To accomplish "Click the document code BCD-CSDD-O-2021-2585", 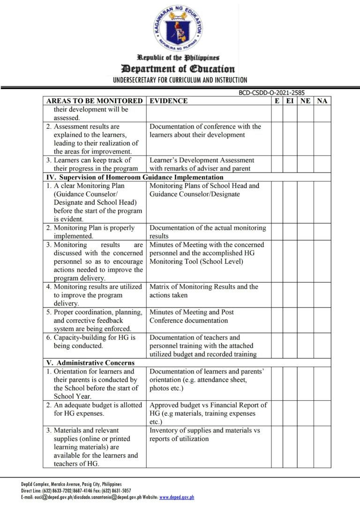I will tap(271, 93).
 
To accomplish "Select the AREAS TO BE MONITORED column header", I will tap(94, 101).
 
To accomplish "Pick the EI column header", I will tap(290, 101).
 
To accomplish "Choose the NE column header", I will tap(305, 101).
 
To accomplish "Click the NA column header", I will tap(322, 101).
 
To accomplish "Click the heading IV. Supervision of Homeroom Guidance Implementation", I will tap(135, 177).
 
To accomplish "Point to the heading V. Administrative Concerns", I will tap(90, 363).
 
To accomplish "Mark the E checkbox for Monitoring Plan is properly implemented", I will tap(277, 232).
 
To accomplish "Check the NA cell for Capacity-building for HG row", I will tap(322, 346).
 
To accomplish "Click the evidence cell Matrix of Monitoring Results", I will tap(204, 291).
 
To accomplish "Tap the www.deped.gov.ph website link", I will tap(177, 497).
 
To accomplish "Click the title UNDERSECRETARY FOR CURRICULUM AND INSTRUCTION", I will tap(180, 80).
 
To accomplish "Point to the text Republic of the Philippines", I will tap(178, 58).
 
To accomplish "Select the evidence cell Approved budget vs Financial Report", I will tap(208, 409).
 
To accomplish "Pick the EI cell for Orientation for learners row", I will tap(290, 383).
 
